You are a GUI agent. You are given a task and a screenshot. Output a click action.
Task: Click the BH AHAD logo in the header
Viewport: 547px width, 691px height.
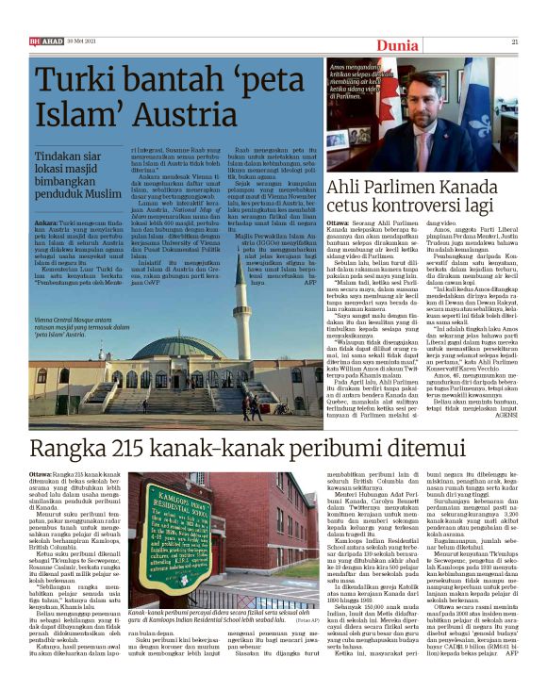pyautogui.click(x=44, y=41)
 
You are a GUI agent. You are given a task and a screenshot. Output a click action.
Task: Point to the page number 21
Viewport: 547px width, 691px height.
pyautogui.click(x=514, y=41)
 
